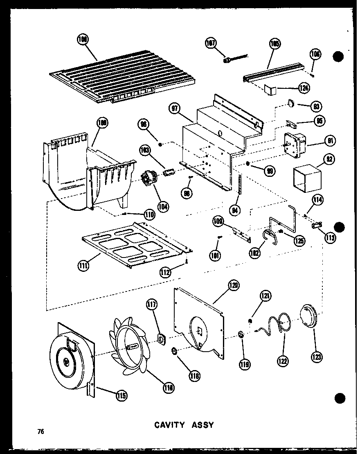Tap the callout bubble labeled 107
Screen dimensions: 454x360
pyautogui.click(x=212, y=44)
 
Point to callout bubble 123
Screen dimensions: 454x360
pyautogui.click(x=316, y=357)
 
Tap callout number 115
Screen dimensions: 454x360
pyautogui.click(x=121, y=395)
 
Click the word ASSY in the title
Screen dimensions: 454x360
pyautogui.click(x=203, y=425)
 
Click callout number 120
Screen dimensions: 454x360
pyautogui.click(x=234, y=285)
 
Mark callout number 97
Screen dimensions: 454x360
pyautogui.click(x=175, y=108)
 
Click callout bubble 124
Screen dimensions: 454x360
pyautogui.click(x=303, y=87)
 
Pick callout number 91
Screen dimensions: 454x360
pyautogui.click(x=328, y=141)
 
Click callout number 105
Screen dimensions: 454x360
pyautogui.click(x=274, y=44)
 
